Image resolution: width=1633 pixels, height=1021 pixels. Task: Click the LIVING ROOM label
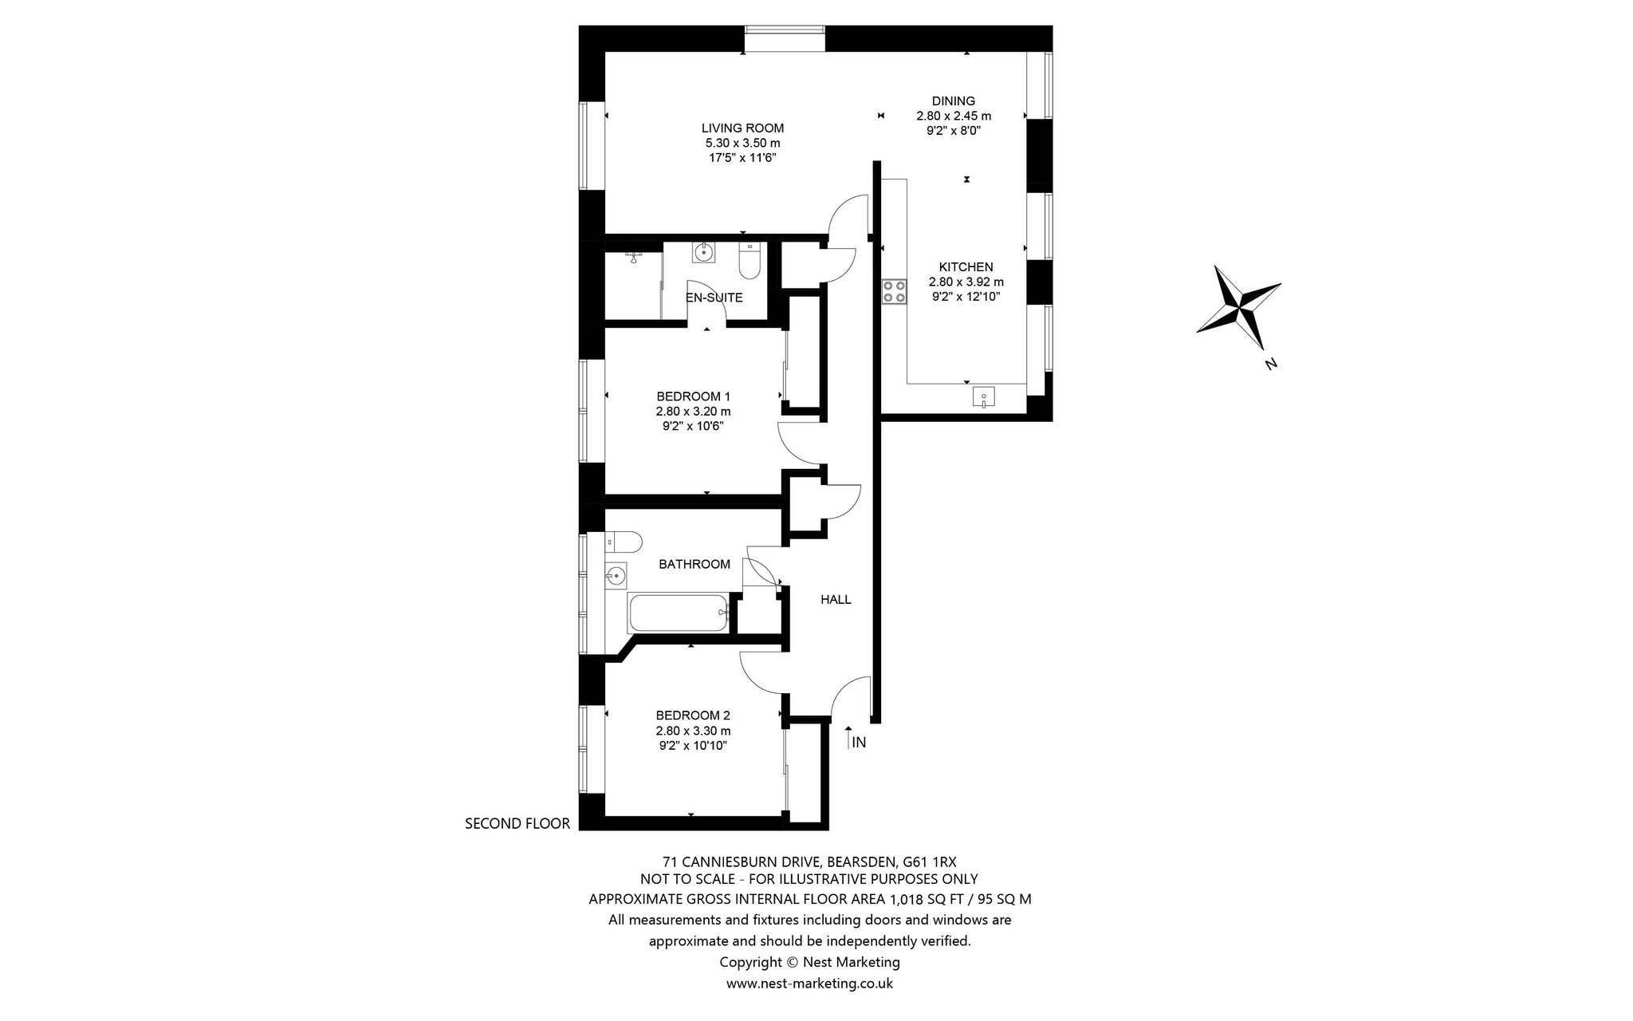point(742,128)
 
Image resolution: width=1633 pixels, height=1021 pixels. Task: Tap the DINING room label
point(954,101)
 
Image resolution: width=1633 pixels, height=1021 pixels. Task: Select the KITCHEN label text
point(966,266)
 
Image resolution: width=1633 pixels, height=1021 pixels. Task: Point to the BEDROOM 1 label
point(693,396)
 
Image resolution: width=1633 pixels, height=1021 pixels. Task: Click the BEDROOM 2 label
point(693,715)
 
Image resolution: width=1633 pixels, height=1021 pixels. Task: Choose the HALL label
point(836,599)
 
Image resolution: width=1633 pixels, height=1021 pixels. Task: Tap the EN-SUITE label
point(714,298)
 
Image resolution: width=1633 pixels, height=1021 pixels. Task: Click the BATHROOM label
point(695,564)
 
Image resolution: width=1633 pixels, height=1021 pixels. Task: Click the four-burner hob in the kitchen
point(894,291)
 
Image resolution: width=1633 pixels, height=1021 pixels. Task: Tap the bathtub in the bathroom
point(679,613)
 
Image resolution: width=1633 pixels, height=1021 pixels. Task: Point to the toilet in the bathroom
point(624,542)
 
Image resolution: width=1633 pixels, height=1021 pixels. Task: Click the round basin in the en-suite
point(703,253)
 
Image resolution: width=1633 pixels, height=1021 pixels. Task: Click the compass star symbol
point(1238,308)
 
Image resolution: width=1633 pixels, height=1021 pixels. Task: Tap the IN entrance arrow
point(848,738)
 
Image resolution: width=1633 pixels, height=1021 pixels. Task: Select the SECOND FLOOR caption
point(517,824)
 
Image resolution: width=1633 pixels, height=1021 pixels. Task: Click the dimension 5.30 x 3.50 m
point(742,143)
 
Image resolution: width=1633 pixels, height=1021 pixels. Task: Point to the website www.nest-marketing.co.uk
point(809,984)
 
